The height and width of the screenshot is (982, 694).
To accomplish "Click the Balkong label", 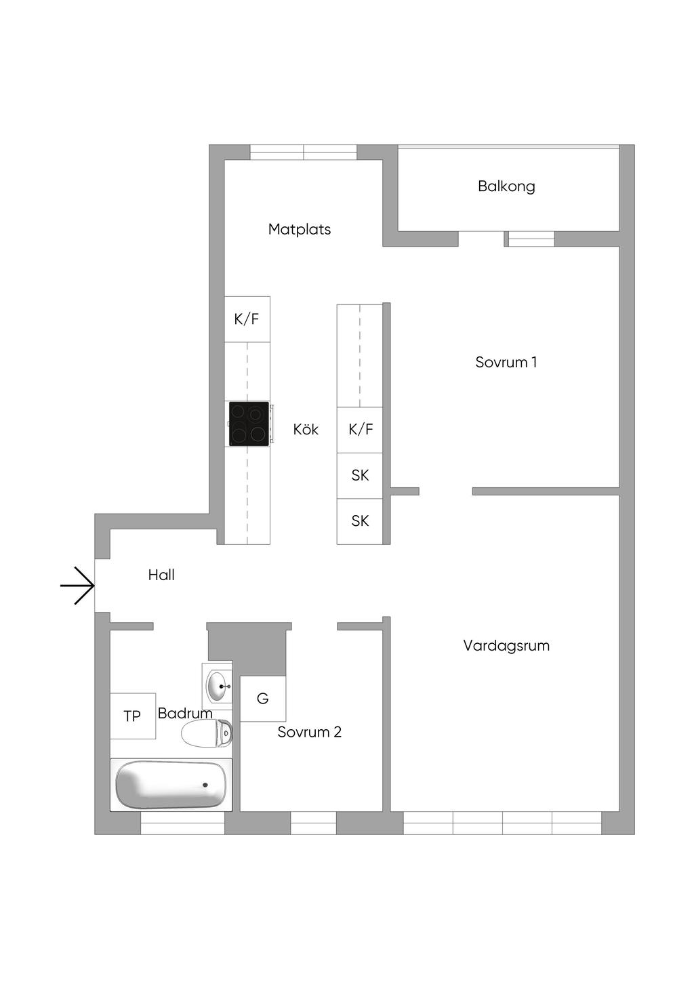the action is pyautogui.click(x=506, y=186).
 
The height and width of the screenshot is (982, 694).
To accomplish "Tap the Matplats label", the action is pyautogui.click(x=300, y=229).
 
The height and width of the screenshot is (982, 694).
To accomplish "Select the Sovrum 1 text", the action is pyautogui.click(x=506, y=362).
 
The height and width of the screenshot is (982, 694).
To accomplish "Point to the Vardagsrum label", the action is pyautogui.click(x=506, y=645).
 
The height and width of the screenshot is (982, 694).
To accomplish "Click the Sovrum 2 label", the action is pyautogui.click(x=309, y=732).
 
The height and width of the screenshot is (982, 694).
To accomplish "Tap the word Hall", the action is pyautogui.click(x=161, y=575).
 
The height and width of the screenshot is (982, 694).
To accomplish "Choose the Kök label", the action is pyautogui.click(x=306, y=429).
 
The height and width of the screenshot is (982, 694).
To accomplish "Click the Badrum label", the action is pyautogui.click(x=185, y=713).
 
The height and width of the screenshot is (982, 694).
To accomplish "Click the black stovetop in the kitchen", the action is pyautogui.click(x=249, y=424).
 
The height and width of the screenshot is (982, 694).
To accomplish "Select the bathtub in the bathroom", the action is pyautogui.click(x=171, y=785).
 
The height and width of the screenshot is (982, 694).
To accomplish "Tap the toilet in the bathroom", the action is pyautogui.click(x=207, y=733).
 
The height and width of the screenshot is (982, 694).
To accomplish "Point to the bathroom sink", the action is pyautogui.click(x=218, y=686).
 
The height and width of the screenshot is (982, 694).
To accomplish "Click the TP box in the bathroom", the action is pyautogui.click(x=132, y=716).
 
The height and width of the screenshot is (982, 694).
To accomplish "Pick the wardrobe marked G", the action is pyautogui.click(x=262, y=698).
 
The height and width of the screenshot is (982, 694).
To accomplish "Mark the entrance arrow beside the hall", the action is pyautogui.click(x=77, y=586).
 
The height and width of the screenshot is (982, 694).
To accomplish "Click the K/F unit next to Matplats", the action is pyautogui.click(x=247, y=319).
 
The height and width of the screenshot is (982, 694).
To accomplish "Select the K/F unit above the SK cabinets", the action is pyautogui.click(x=360, y=430).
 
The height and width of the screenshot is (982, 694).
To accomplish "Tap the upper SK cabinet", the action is pyautogui.click(x=360, y=476).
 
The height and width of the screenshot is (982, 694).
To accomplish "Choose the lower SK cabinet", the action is pyautogui.click(x=360, y=521).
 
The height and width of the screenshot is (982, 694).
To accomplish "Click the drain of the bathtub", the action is pyautogui.click(x=205, y=785).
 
